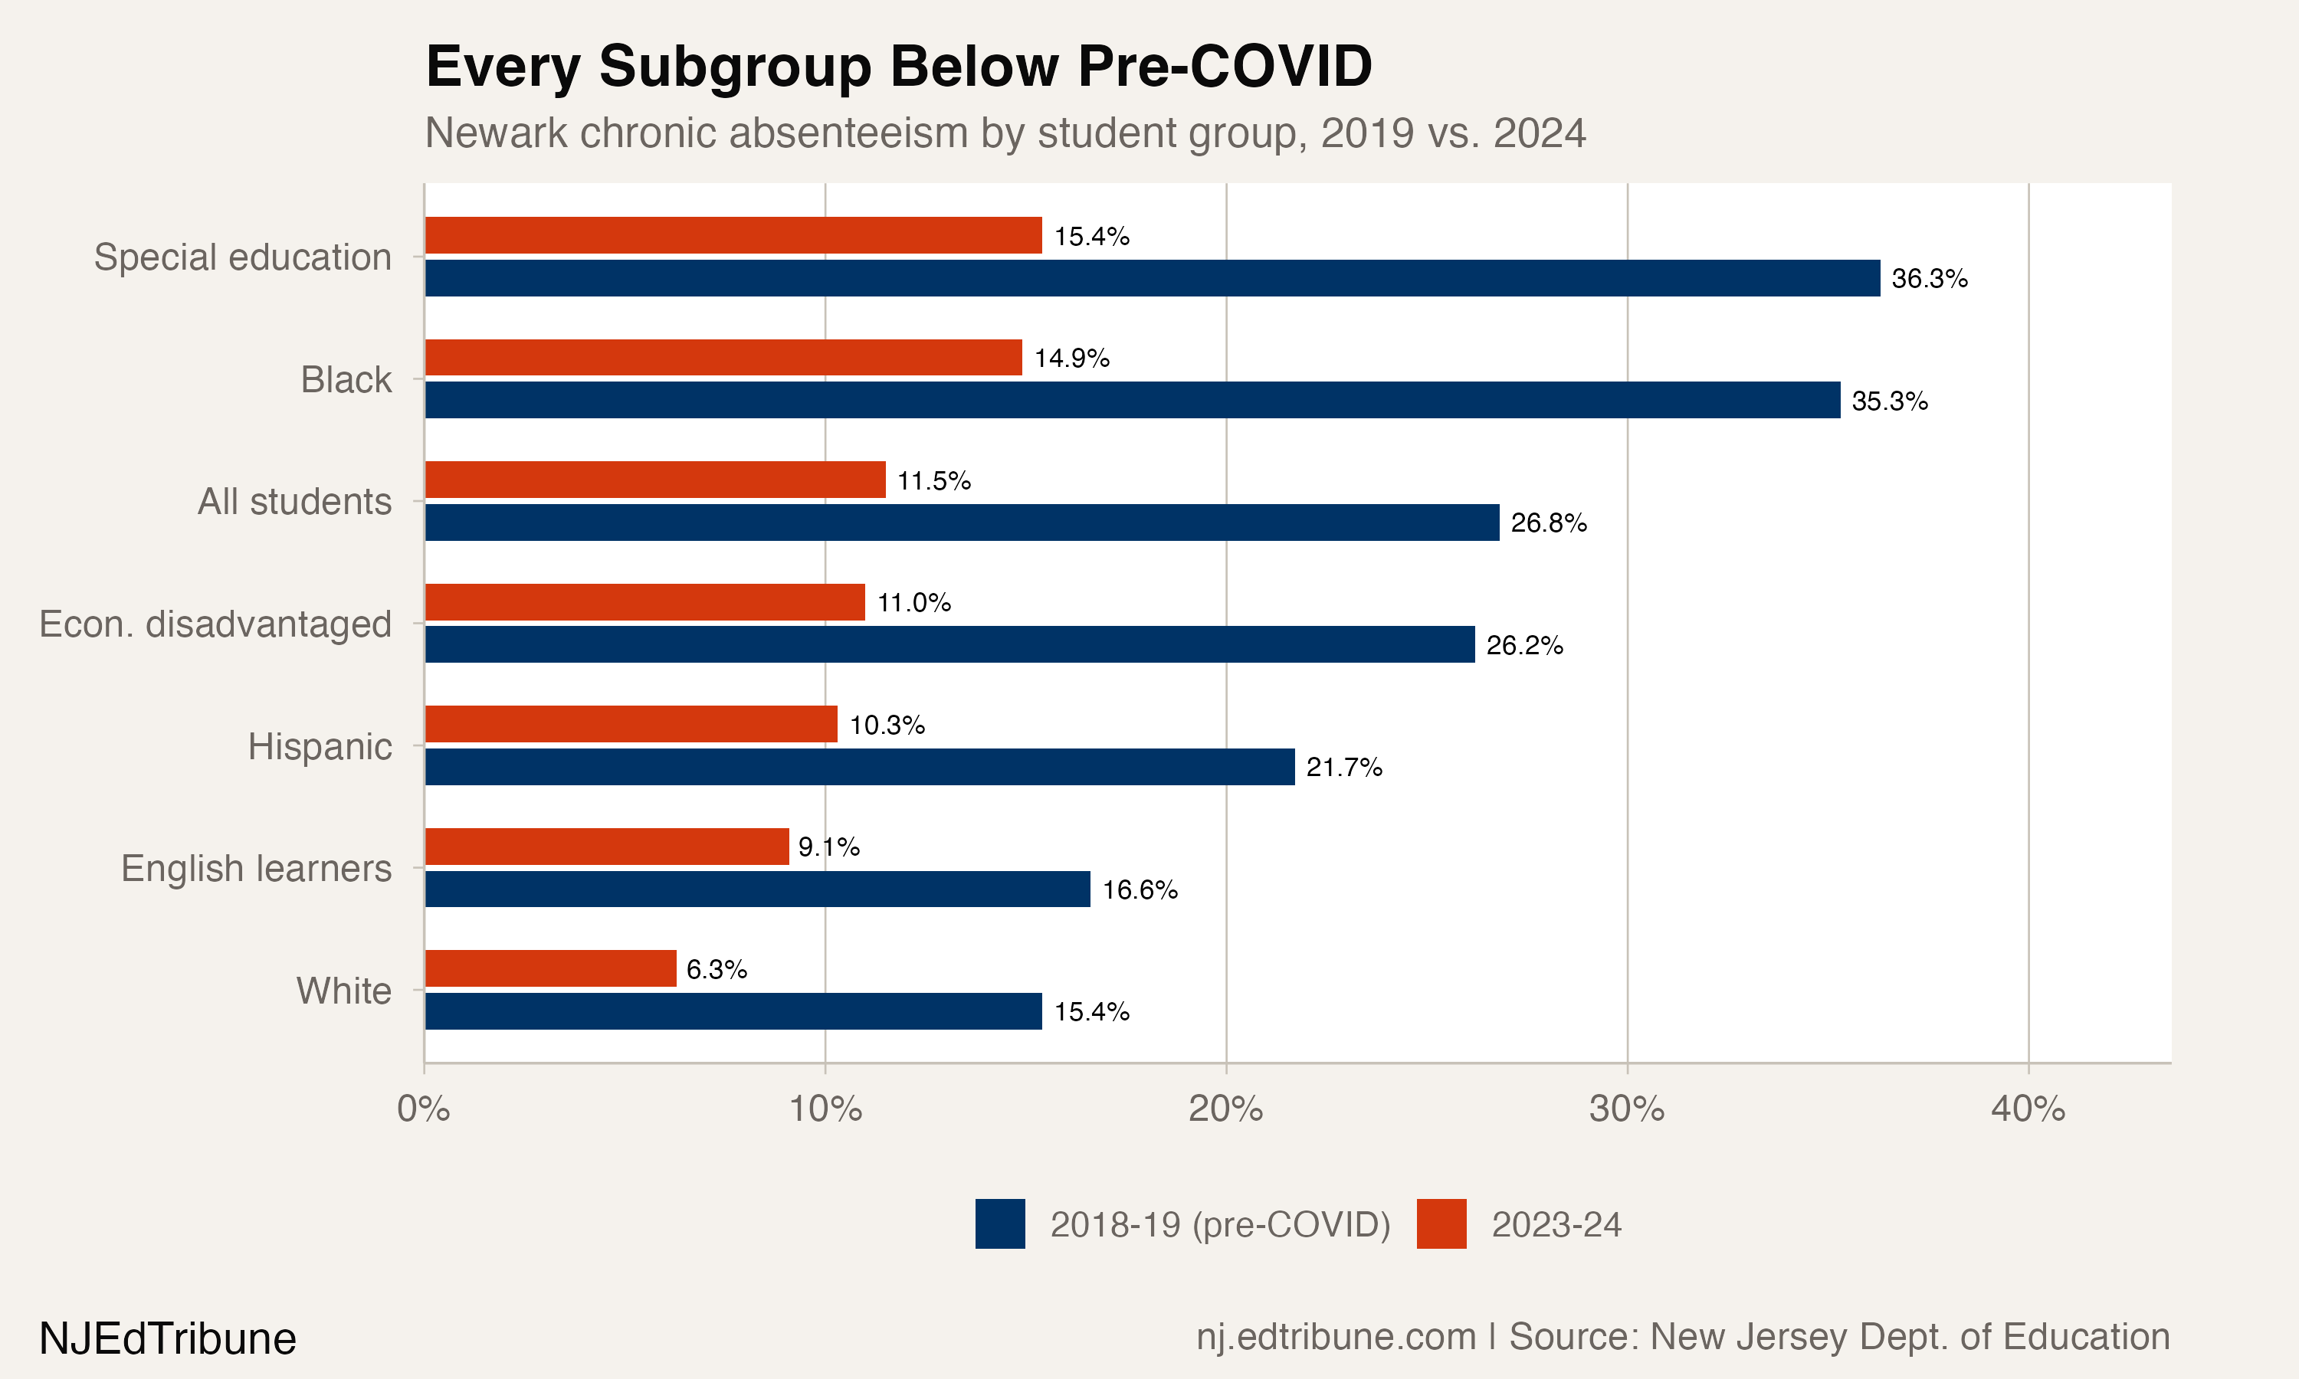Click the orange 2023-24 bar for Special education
click(733, 235)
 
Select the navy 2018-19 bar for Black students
click(1132, 400)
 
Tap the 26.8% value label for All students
click(1548, 523)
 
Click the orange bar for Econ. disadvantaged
click(645, 602)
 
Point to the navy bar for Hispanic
click(860, 767)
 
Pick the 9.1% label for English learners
click(828, 847)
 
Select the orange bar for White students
click(550, 968)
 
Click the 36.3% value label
click(1929, 279)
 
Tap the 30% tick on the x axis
click(1626, 1109)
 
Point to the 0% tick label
click(424, 1109)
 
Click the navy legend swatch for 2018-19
click(1000, 1223)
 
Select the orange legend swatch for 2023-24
click(1441, 1223)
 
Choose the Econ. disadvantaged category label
click(215, 624)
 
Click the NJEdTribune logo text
click(167, 1339)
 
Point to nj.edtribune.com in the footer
click(1336, 1337)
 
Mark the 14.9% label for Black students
click(1071, 359)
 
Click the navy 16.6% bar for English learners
click(757, 889)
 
